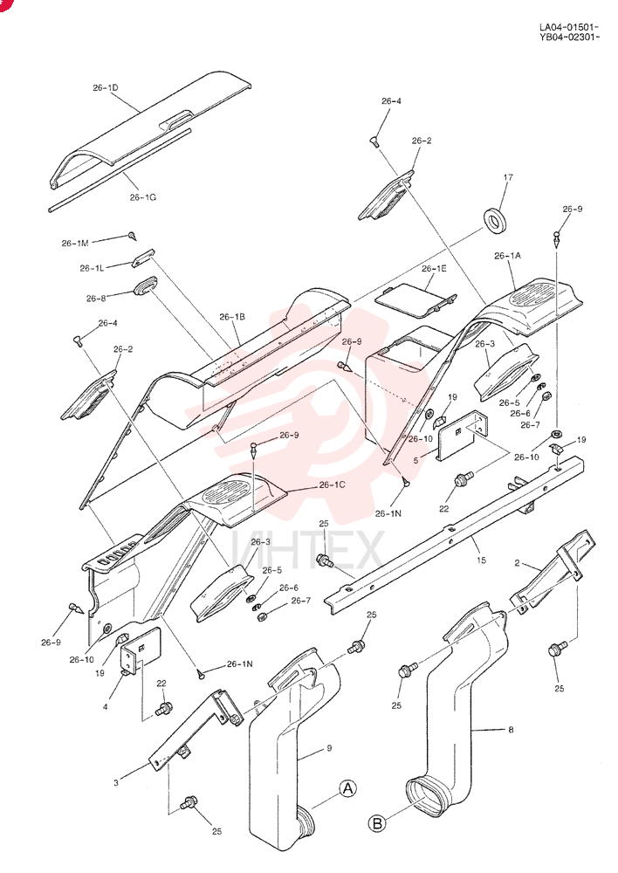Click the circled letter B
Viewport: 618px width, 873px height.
pos(377,823)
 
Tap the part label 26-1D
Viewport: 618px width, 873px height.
pos(106,88)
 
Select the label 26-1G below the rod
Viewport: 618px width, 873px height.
pos(143,197)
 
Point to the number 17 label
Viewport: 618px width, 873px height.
pos(508,177)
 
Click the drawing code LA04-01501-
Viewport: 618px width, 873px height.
pos(569,27)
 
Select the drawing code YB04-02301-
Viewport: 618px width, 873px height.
pos(569,38)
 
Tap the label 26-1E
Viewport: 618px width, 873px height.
pos(434,268)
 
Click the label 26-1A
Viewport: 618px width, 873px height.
pos(508,256)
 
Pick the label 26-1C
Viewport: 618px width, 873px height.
pos(333,485)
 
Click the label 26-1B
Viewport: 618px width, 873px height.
pos(232,317)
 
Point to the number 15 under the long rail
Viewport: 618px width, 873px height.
pos(482,560)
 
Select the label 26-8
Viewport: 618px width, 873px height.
pos(96,299)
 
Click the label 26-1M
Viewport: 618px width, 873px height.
pos(75,244)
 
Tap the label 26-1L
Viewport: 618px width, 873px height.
pos(92,268)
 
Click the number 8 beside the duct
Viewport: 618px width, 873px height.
pos(512,729)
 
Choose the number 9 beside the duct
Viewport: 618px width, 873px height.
pos(329,748)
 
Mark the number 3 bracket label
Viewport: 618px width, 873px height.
pos(116,783)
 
